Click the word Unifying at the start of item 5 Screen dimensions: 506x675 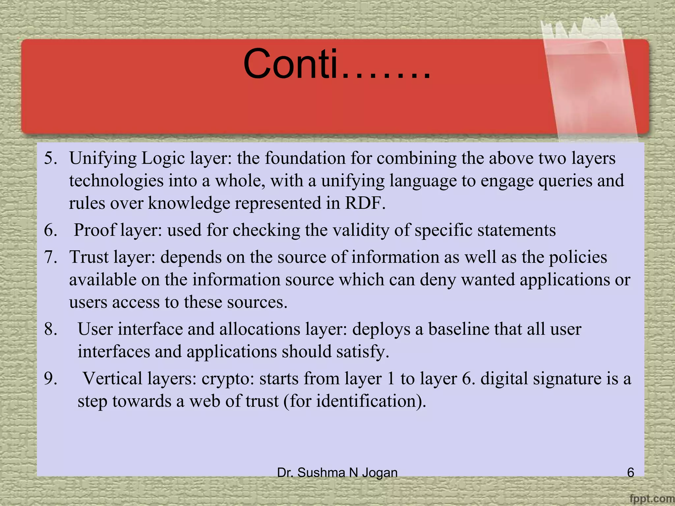tap(103, 158)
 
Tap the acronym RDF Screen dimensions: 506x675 tap(365, 203)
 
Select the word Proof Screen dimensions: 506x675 tap(95, 230)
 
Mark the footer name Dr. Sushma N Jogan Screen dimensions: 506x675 tap(337, 473)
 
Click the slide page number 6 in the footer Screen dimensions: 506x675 tap(630, 473)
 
